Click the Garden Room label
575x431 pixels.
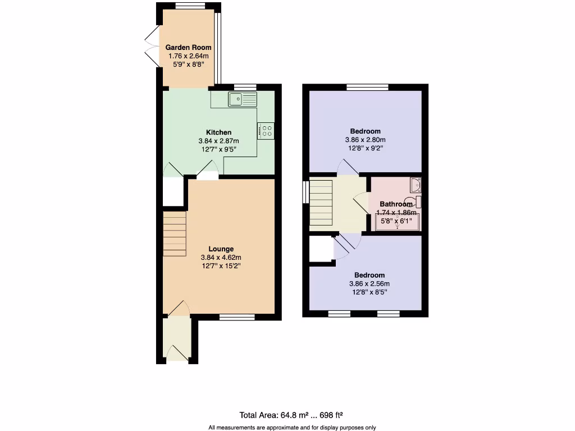coord(188,48)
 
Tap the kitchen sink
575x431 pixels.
coord(242,100)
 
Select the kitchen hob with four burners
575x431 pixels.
coord(266,131)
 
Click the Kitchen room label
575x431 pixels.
coord(218,132)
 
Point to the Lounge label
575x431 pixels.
coord(221,249)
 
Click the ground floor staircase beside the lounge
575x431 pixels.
coord(175,233)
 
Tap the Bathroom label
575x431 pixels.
coord(396,204)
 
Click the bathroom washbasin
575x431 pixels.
coord(416,185)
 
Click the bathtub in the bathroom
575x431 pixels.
coord(397,223)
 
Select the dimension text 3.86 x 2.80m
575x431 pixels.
coord(365,140)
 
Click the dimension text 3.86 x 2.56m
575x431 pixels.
coord(369,283)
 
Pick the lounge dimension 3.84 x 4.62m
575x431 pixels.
coord(221,257)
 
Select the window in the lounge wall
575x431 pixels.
coord(236,318)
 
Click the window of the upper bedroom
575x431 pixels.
coord(367,86)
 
